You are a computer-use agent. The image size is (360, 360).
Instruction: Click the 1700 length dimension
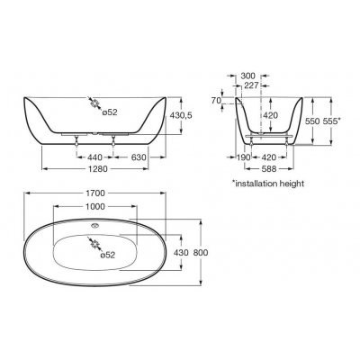tap(95, 193)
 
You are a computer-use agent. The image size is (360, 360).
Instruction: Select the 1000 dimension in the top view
tap(95, 206)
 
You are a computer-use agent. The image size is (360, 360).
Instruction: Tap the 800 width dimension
tap(201, 253)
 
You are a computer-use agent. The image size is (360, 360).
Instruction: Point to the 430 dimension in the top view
tap(181, 253)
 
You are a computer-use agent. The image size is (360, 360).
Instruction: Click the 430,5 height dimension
tap(181, 115)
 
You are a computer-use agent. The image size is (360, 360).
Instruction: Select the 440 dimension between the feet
tap(94, 157)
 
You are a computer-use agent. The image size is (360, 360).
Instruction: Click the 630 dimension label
tap(139, 157)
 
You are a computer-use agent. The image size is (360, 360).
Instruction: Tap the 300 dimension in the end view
tap(248, 76)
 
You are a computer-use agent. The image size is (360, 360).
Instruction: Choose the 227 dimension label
tap(251, 85)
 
